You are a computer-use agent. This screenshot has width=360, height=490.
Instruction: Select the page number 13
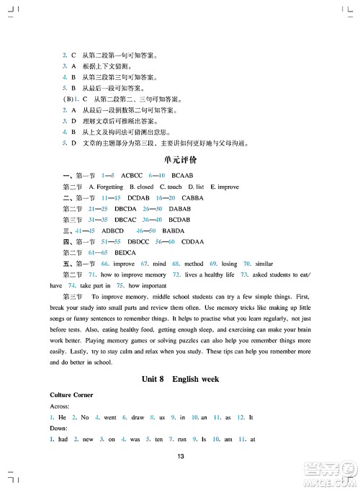(x=180, y=455)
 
